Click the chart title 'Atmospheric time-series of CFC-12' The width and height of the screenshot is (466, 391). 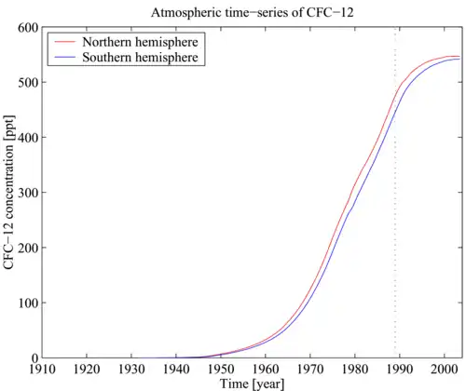[x=252, y=11]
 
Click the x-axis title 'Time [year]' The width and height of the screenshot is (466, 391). [x=252, y=384]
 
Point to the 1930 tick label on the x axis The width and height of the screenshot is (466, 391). [x=131, y=369]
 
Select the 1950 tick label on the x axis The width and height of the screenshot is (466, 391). [x=221, y=369]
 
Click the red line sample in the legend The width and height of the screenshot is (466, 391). [x=65, y=43]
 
